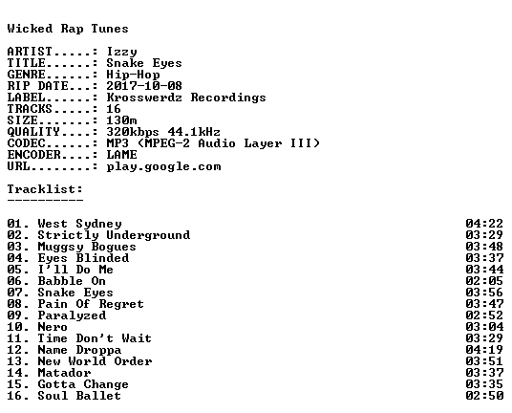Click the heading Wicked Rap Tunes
pos(68,29)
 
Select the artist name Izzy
pos(122,52)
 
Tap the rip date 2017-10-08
pos(144,86)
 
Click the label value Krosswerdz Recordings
pos(186,98)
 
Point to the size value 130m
pos(122,120)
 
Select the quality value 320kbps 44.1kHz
pos(163,132)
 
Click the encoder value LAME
pos(122,155)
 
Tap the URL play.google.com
pos(163,166)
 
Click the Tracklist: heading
pos(45,189)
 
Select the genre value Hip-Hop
pos(133,75)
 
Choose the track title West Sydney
pos(79,224)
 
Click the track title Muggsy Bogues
pos(87,247)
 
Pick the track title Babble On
pos(72,281)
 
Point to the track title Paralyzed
pos(72,315)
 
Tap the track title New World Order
pos(95,361)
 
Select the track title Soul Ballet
pos(79,396)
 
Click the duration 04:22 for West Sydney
pos(484,224)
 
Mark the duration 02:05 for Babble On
pos(484,281)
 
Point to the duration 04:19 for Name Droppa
pos(484,350)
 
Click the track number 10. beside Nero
pos(18,327)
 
